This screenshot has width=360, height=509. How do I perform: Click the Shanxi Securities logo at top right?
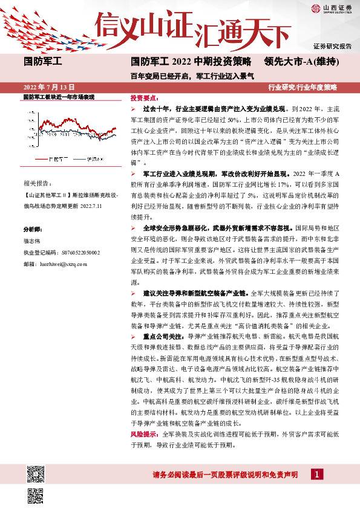click(x=332, y=8)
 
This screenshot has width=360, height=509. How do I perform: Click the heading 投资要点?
click(x=145, y=97)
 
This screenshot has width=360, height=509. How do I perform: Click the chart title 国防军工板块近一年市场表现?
click(x=59, y=97)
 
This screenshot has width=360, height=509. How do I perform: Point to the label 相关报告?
click(x=37, y=182)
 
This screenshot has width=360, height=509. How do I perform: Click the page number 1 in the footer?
click(x=317, y=475)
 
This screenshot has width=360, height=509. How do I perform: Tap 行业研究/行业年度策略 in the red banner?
click(x=303, y=87)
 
